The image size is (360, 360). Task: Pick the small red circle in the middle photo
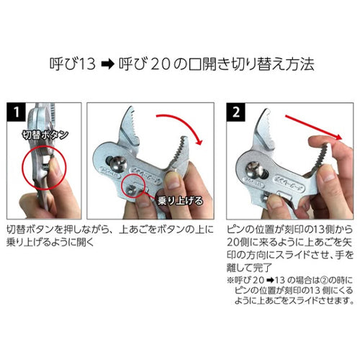click(135, 188)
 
